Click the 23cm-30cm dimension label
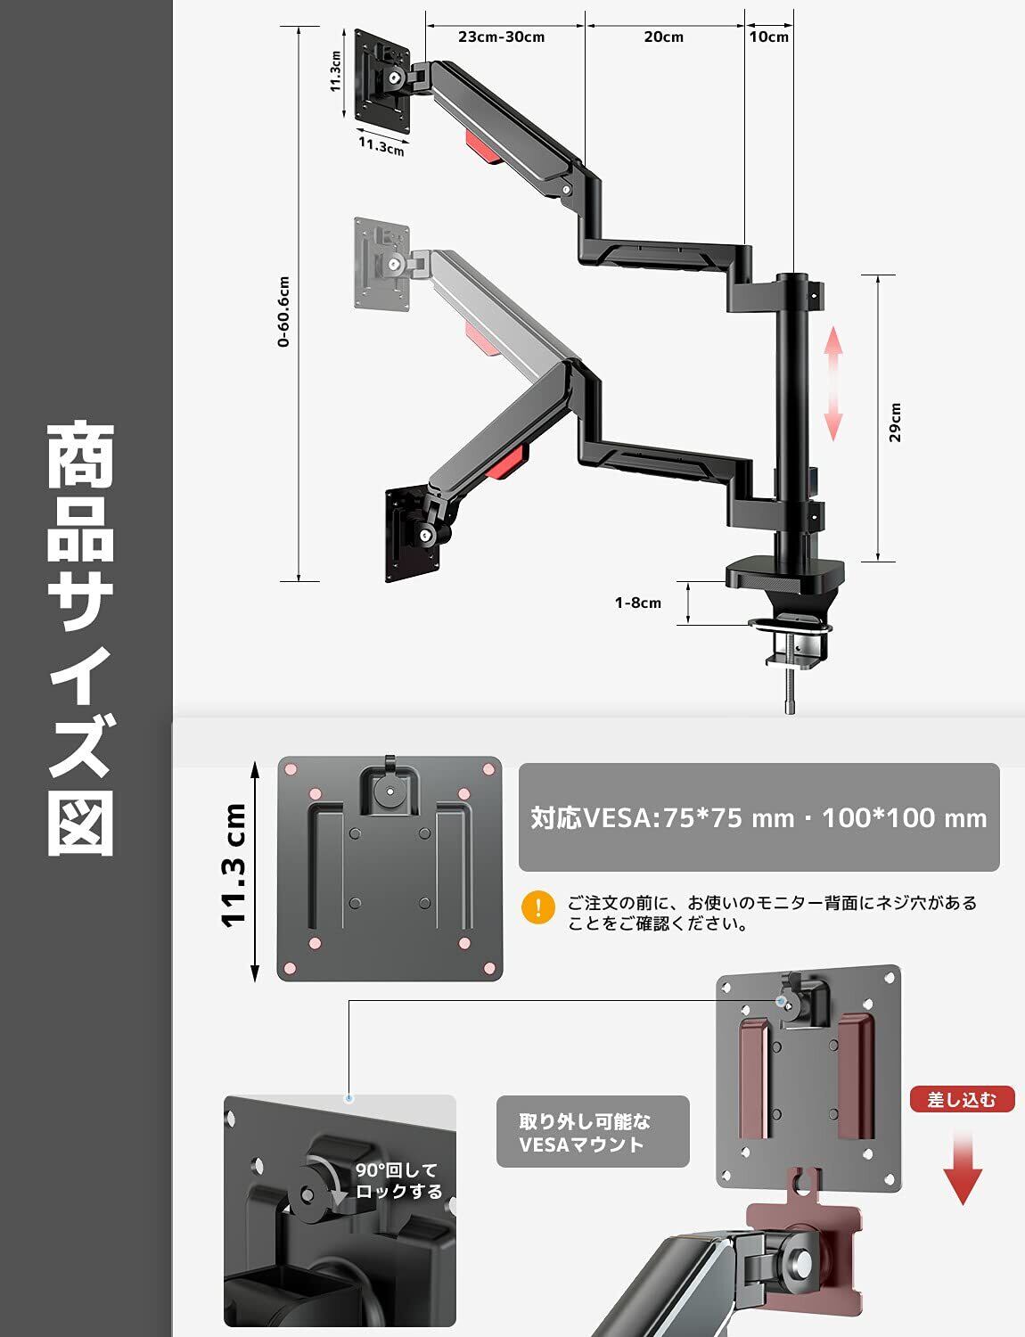(x=501, y=37)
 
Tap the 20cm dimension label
(x=663, y=37)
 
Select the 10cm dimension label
(x=768, y=37)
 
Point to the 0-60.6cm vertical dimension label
(x=283, y=311)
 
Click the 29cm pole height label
(x=895, y=422)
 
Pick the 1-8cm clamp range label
(x=638, y=603)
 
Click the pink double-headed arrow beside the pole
(x=832, y=383)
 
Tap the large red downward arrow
(x=963, y=1168)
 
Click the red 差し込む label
(x=962, y=1099)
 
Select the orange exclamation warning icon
(x=538, y=907)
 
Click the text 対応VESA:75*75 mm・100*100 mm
(x=758, y=817)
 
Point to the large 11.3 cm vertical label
(x=234, y=865)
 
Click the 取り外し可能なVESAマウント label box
(x=592, y=1131)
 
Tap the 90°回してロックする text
(x=398, y=1180)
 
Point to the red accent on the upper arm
(x=480, y=144)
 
